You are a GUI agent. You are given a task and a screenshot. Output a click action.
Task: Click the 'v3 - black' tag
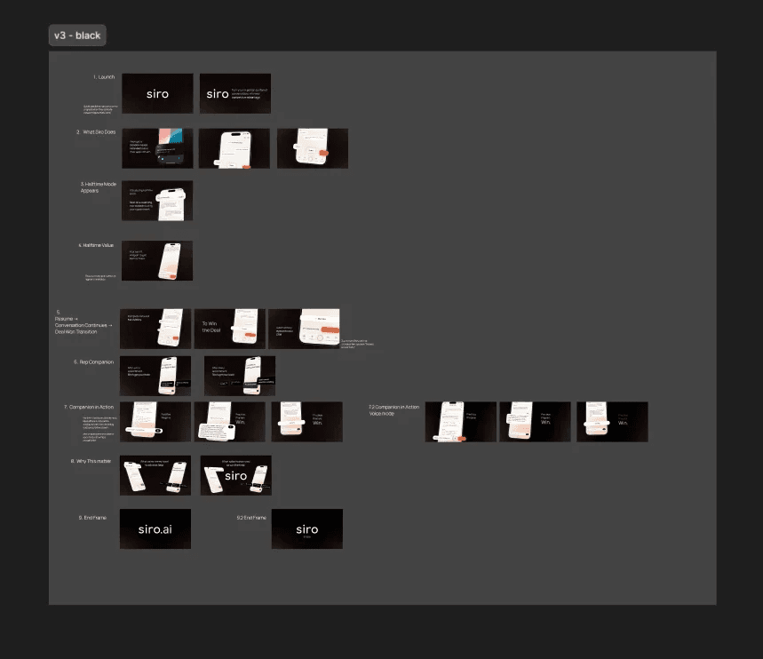pos(77,36)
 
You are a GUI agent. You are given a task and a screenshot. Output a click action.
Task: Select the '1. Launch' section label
pos(104,77)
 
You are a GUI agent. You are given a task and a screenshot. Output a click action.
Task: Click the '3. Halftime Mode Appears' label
pos(99,187)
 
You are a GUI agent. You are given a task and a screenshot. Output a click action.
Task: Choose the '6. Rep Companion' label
pos(95,362)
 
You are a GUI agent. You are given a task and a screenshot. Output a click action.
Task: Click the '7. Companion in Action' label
pos(91,406)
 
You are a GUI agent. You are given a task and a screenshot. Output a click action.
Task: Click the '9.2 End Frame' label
pos(251,516)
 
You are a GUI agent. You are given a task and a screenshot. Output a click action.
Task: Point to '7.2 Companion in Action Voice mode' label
pos(393,409)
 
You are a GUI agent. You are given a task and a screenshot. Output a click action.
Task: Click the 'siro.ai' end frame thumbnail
pos(155,528)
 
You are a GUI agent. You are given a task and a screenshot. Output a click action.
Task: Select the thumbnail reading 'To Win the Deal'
pos(230,329)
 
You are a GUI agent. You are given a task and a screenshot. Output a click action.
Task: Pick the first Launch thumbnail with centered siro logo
pos(157,93)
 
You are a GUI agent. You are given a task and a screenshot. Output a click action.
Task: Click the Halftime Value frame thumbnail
pos(157,261)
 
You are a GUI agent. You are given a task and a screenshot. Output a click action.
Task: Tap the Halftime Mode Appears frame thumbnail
pos(157,201)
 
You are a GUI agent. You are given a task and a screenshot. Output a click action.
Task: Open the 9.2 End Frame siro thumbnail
pos(306,528)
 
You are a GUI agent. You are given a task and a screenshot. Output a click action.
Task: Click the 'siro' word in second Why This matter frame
pos(235,476)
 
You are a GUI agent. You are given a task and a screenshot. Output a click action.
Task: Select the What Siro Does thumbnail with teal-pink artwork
pos(157,148)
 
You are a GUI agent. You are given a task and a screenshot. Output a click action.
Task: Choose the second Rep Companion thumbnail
pos(240,376)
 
